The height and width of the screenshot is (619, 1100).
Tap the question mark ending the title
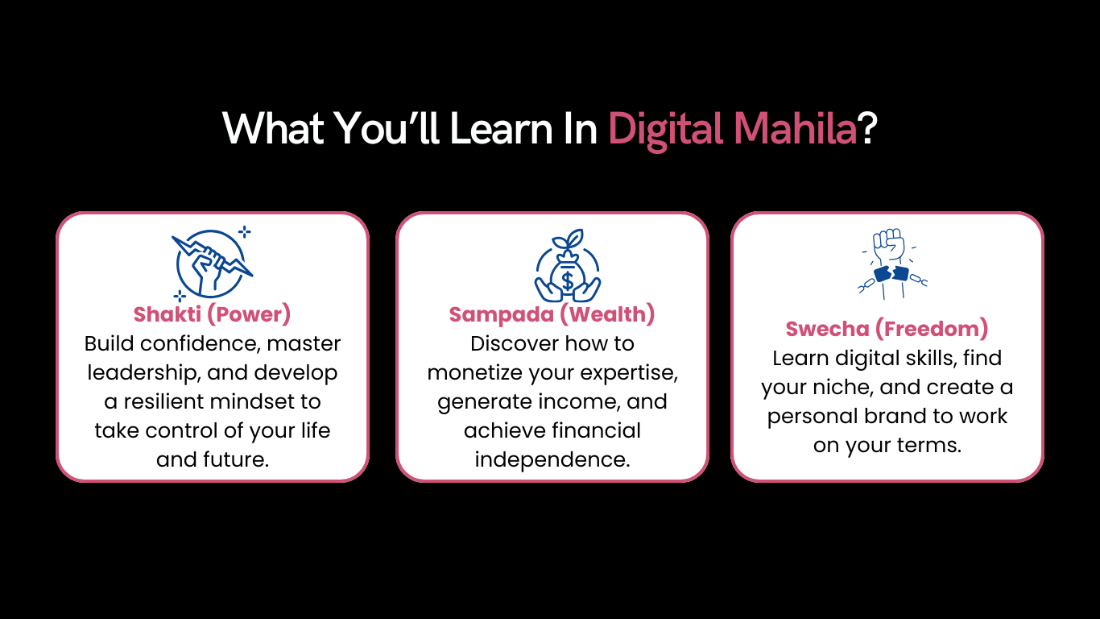(868, 129)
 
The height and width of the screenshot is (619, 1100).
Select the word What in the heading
(273, 128)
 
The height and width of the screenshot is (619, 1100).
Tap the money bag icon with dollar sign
(568, 265)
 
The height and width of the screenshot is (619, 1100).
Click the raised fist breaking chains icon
(892, 264)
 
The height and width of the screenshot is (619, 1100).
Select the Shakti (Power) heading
(212, 314)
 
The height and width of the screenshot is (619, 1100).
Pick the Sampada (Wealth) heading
(552, 314)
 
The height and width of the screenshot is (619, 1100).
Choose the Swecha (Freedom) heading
(887, 329)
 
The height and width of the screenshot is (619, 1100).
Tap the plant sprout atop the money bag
(569, 240)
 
